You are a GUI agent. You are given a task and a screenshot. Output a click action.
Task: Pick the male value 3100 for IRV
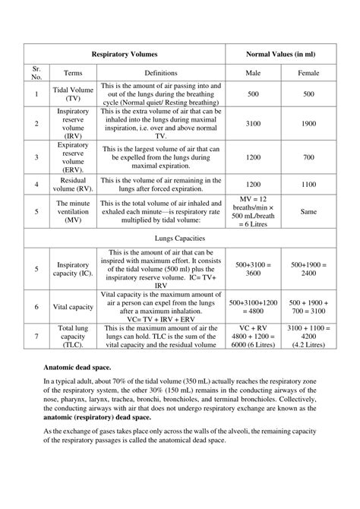coord(254,123)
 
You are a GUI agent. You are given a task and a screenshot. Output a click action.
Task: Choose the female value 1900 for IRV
coord(308,123)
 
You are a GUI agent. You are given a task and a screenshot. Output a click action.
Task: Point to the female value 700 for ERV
coord(308,156)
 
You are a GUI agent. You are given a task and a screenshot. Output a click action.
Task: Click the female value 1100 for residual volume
coord(308,184)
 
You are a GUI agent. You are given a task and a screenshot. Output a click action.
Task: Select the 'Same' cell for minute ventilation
coord(308,212)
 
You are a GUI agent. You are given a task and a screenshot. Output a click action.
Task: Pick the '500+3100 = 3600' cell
coord(254,269)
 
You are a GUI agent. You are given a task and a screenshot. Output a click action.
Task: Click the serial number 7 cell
coord(36,337)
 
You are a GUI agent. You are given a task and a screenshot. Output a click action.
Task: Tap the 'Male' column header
coord(254,74)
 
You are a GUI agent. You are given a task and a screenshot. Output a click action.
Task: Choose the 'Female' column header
coord(308,74)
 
